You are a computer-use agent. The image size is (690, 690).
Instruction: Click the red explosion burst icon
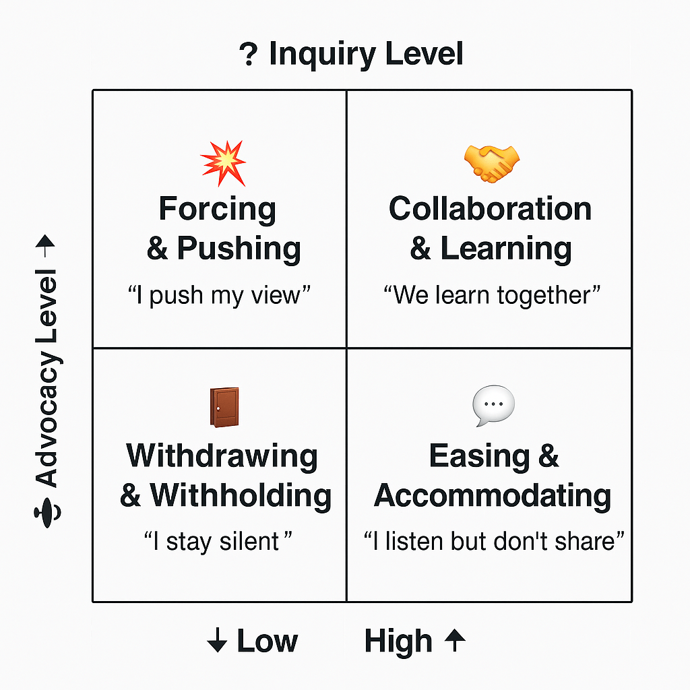click(x=224, y=163)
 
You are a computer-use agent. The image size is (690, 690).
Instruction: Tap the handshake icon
click(x=492, y=163)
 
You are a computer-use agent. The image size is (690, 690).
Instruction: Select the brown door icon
click(x=224, y=406)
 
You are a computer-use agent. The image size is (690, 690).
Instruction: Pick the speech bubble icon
click(x=493, y=406)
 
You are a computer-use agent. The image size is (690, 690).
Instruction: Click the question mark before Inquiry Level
click(x=249, y=55)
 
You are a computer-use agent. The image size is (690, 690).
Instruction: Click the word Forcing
click(x=218, y=210)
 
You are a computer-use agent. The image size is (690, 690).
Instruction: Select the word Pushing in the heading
click(x=239, y=249)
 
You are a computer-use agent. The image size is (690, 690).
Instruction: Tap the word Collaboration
click(x=490, y=209)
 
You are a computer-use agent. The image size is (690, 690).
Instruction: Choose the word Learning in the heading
click(x=506, y=249)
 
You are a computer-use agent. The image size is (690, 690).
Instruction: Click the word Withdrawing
click(x=222, y=456)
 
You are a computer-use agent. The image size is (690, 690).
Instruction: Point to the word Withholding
click(x=241, y=496)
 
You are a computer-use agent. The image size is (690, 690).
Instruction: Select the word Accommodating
click(x=493, y=496)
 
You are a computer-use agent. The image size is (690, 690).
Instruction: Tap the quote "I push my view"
click(x=219, y=296)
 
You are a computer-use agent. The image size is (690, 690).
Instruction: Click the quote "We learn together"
click(x=492, y=296)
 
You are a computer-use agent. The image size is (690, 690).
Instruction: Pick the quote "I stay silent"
click(x=219, y=541)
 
